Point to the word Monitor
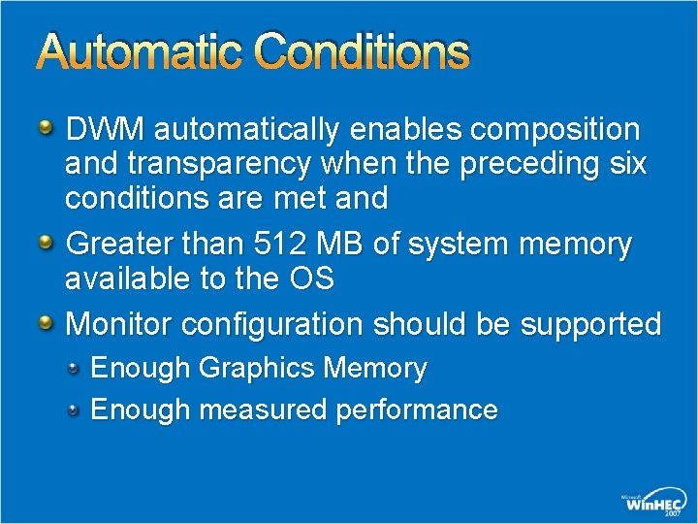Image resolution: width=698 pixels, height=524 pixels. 119,323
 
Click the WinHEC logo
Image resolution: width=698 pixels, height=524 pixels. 654,502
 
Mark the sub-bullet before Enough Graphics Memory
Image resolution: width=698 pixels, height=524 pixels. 74,368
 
